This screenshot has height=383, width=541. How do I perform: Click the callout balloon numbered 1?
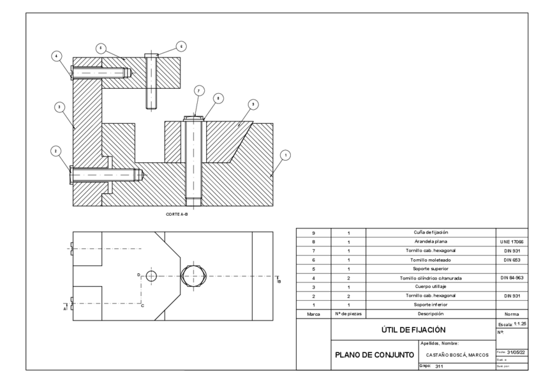[x=286, y=154]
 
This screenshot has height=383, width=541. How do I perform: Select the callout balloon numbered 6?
[x=181, y=46]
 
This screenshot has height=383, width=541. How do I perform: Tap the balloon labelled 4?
[x=57, y=56]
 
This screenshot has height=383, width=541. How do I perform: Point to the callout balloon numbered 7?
[x=198, y=91]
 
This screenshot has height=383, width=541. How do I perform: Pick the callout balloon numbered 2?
[x=57, y=151]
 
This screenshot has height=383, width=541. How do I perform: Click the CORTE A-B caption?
[x=177, y=215]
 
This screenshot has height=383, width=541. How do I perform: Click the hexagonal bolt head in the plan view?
[x=194, y=276]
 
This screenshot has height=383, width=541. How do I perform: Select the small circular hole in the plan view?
[x=151, y=276]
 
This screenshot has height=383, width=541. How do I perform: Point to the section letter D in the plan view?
[x=138, y=274]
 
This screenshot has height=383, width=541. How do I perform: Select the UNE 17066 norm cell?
[x=512, y=243]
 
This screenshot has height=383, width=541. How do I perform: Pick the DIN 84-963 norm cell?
[x=512, y=278]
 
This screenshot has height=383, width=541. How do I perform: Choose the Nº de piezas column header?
[x=348, y=314]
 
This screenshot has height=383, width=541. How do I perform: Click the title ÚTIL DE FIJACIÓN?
[x=413, y=329]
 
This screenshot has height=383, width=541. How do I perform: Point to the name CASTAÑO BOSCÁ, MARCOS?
[x=457, y=355]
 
